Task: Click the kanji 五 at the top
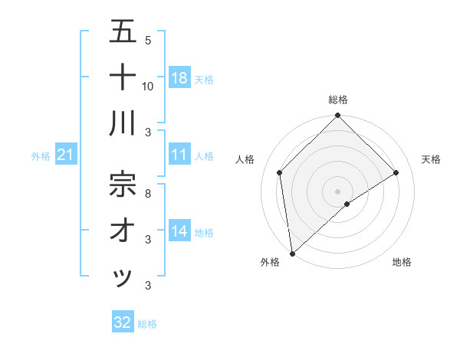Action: [123, 31]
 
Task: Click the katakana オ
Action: [123, 230]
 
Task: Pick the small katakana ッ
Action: [123, 277]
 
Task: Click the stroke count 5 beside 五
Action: [148, 40]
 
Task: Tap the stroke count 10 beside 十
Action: [148, 86]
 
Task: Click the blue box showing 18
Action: [179, 77]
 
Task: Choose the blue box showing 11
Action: [179, 155]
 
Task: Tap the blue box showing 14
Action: [179, 231]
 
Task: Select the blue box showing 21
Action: [65, 155]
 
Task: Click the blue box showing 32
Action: [123, 322]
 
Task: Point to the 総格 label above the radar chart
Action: [337, 100]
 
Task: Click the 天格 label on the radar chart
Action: [431, 159]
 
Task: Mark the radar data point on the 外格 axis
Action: [292, 253]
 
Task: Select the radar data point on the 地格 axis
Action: [347, 204]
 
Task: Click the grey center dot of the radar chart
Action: [337, 191]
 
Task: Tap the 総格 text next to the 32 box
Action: [147, 324]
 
